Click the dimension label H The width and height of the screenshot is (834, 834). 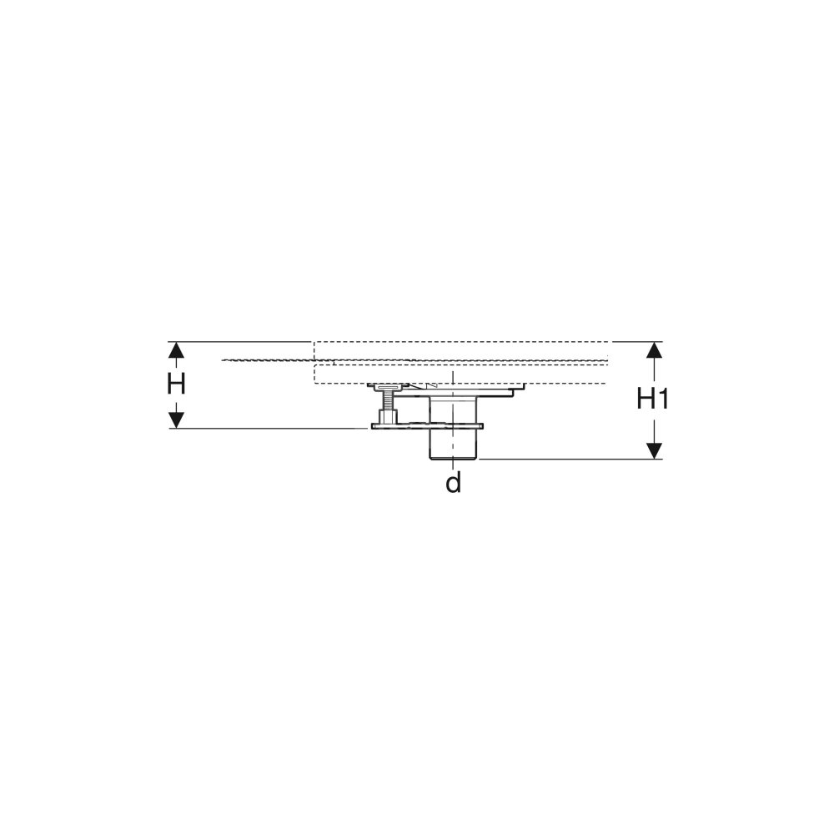[176, 384]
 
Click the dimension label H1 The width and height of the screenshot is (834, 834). [652, 399]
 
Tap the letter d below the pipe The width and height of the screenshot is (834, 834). [453, 483]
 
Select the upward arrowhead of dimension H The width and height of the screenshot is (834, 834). [176, 350]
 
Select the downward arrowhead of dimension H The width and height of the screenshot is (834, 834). [176, 420]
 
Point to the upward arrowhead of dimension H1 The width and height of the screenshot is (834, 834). [654, 350]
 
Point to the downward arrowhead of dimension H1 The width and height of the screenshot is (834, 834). [654, 450]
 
